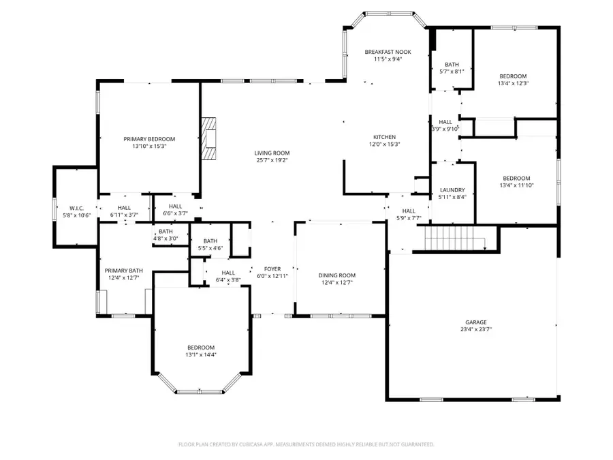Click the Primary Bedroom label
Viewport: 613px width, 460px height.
149,138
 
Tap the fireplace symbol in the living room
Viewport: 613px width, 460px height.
209,138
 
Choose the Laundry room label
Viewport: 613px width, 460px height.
452,190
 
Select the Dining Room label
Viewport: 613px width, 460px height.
337,275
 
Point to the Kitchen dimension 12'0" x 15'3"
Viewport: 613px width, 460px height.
384,144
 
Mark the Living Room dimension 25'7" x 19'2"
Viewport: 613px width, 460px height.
272,160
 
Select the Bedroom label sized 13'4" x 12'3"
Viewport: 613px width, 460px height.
513,76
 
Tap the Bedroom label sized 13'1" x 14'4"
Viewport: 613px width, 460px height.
201,348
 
